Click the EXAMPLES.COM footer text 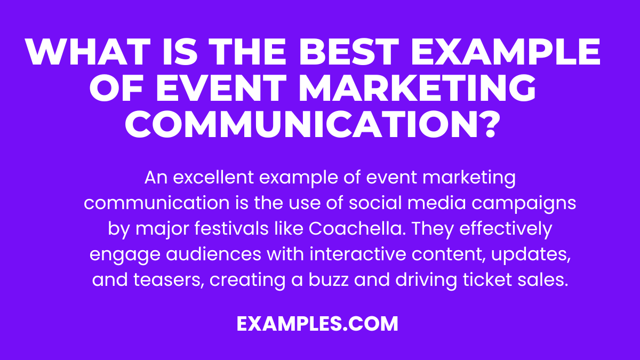point(318,324)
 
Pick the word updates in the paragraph point(528,254)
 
